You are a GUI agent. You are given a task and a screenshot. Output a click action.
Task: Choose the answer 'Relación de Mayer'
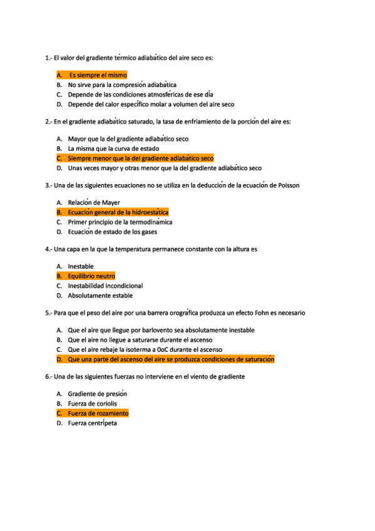pos(94,203)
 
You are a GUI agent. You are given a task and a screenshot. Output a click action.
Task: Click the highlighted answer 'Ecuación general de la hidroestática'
pos(118,212)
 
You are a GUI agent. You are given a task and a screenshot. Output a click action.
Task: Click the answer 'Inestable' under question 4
pos(81,267)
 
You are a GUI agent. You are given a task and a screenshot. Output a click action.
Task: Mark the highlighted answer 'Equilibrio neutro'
pos(91,276)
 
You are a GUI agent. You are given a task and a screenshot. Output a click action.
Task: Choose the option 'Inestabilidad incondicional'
pos(105,286)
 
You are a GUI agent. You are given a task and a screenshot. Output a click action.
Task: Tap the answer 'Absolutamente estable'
pos(100,296)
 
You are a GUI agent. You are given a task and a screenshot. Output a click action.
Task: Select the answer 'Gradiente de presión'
pos(97,394)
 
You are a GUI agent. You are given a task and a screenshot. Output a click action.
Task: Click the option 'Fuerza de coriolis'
pos(92,404)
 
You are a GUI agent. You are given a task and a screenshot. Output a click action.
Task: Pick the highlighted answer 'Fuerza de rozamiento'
pos(98,413)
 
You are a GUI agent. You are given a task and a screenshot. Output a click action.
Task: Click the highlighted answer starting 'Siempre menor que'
pos(140,158)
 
